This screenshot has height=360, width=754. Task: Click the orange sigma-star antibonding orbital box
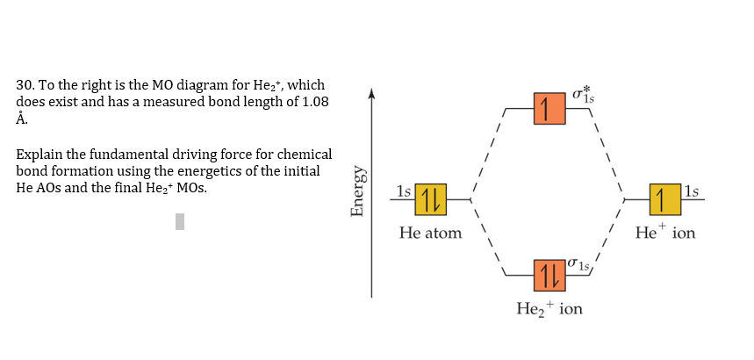tap(547, 108)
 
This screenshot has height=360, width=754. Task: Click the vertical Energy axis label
tap(358, 191)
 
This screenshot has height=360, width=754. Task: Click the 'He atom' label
tap(430, 234)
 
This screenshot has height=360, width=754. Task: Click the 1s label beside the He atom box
tap(403, 191)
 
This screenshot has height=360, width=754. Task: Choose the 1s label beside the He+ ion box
tap(692, 191)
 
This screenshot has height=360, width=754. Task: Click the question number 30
tap(25, 85)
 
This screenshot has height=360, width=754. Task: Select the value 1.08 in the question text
tap(314, 102)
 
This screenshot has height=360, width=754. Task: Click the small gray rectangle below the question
tap(180, 221)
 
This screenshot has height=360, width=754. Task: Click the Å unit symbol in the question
tap(22, 118)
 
